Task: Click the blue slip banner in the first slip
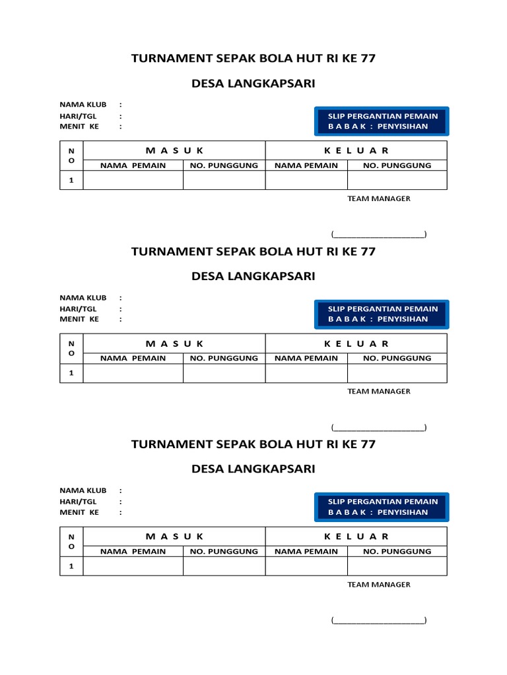tap(382, 121)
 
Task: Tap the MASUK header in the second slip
tap(174, 343)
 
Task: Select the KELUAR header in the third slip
tap(356, 537)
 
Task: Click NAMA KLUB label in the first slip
tap(83, 105)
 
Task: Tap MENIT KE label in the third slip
tap(79, 512)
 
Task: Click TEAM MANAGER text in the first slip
tap(379, 198)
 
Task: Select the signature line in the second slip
tap(379, 427)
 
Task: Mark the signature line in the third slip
tap(379, 620)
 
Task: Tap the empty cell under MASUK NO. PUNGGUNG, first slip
tap(224, 181)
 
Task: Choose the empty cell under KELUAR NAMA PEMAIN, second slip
tap(306, 373)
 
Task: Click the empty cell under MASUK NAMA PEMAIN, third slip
tap(133, 566)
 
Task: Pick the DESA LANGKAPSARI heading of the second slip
tap(253, 276)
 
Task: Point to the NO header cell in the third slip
tap(71, 542)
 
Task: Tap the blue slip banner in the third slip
tap(382, 507)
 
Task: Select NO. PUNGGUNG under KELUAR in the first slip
tap(397, 165)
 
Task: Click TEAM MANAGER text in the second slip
tap(379, 391)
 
